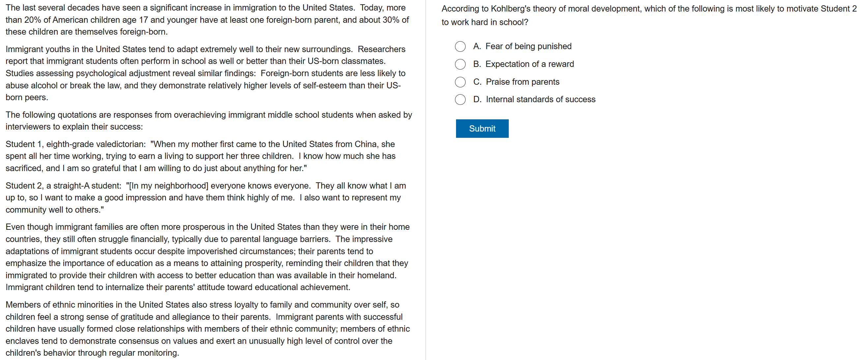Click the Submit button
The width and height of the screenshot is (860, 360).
(x=482, y=129)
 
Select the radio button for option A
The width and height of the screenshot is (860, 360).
(x=460, y=46)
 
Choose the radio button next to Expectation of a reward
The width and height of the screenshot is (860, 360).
(x=460, y=64)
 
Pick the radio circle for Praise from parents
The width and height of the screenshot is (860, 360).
(x=460, y=82)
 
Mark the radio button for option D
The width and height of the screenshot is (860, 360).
(x=460, y=100)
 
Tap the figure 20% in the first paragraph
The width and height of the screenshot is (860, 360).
(x=32, y=20)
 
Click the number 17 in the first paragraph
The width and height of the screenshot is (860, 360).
(x=143, y=20)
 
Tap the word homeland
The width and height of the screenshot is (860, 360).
(x=376, y=275)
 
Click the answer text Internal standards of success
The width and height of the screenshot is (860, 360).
(x=540, y=100)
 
